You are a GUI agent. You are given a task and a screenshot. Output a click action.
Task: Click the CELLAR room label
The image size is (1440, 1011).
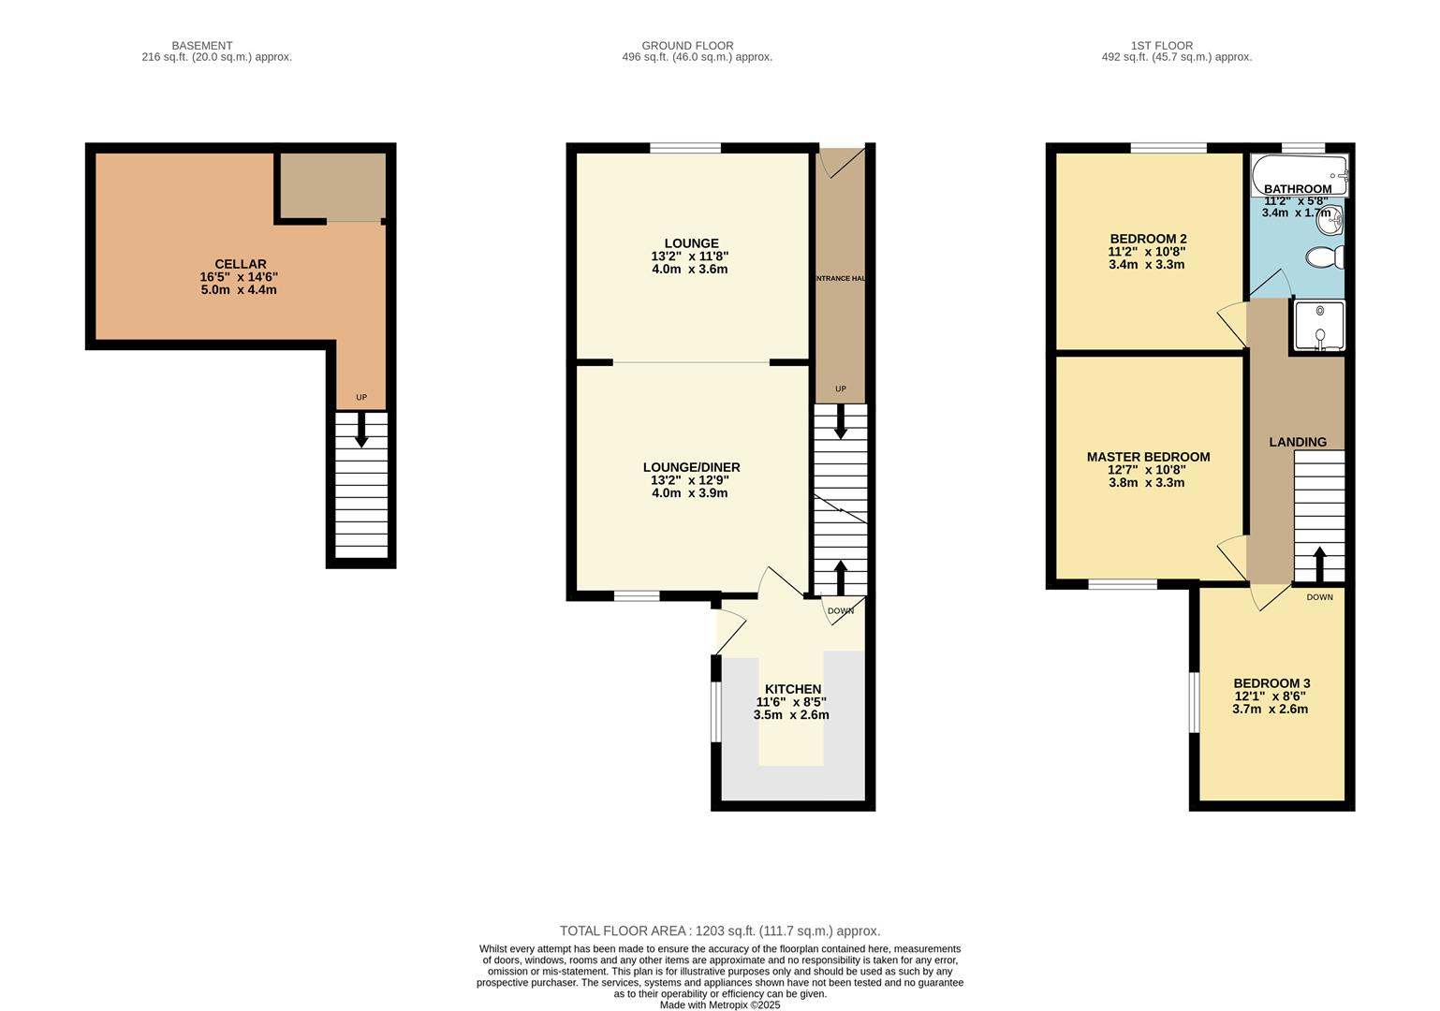pyautogui.click(x=240, y=264)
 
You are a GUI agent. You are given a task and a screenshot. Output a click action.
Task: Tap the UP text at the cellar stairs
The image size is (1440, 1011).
pyautogui.click(x=361, y=398)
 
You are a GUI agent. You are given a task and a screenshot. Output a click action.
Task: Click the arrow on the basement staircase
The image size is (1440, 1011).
pyautogui.click(x=361, y=432)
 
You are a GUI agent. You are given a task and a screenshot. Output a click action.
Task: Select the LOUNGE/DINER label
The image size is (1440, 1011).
pyautogui.click(x=691, y=467)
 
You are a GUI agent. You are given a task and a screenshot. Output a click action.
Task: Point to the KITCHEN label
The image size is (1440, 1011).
pyautogui.click(x=792, y=689)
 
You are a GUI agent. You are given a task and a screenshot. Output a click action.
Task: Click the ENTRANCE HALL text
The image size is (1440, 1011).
pyautogui.click(x=839, y=279)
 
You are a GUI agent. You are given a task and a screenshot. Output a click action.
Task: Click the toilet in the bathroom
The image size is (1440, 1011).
pyautogui.click(x=1326, y=256)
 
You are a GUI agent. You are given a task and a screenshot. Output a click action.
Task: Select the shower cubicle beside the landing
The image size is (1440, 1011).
pyautogui.click(x=1319, y=325)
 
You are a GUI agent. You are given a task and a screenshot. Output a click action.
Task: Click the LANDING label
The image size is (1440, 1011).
pyautogui.click(x=1297, y=442)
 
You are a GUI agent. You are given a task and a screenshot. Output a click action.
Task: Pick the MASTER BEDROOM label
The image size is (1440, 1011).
pyautogui.click(x=1148, y=457)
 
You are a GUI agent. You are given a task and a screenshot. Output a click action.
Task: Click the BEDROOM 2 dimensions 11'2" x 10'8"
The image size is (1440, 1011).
pyautogui.click(x=1146, y=252)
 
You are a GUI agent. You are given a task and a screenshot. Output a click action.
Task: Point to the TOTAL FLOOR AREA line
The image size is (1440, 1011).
pyautogui.click(x=719, y=930)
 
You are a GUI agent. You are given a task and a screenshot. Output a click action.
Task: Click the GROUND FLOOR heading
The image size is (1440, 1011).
pyautogui.click(x=687, y=45)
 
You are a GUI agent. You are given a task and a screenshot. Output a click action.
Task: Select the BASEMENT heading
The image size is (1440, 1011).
pyautogui.click(x=202, y=45)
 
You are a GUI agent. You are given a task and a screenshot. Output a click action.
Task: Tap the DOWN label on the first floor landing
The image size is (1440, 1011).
pyautogui.click(x=1319, y=597)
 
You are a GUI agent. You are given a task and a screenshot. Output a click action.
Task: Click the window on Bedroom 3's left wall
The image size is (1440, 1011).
pyautogui.click(x=1194, y=702)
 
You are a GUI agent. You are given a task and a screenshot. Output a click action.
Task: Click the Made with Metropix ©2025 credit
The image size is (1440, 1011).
pyautogui.click(x=719, y=1004)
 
